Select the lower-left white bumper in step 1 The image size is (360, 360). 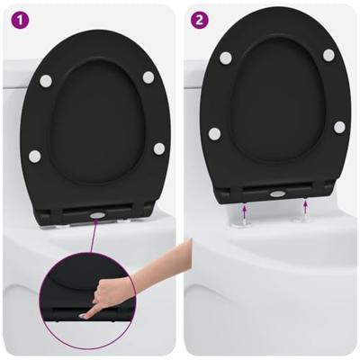34,157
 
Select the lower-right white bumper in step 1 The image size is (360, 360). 158,148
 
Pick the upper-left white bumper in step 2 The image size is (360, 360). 225,58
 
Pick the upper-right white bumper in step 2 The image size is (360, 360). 328,56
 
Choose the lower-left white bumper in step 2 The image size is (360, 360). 215,134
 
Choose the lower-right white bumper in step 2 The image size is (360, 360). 339,127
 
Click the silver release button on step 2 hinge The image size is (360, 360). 277,193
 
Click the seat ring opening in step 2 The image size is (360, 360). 276,103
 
